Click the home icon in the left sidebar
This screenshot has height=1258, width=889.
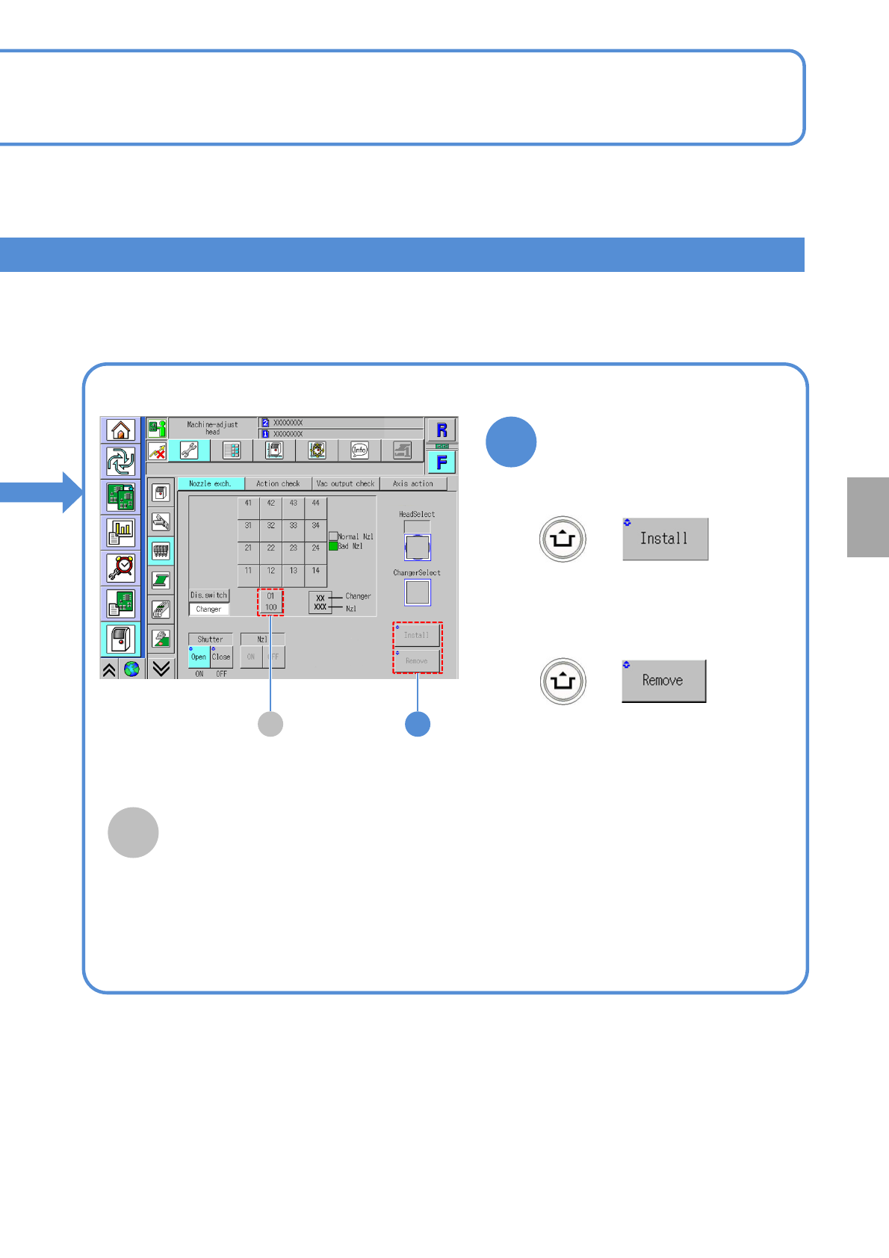point(121,430)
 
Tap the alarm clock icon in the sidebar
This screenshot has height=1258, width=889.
point(121,568)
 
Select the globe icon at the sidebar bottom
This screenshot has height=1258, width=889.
point(131,669)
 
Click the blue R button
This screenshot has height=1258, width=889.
point(442,430)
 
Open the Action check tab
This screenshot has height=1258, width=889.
point(278,484)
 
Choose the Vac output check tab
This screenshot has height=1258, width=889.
point(345,484)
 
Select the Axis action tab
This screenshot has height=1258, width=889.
point(413,484)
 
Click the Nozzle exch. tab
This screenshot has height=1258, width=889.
point(210,484)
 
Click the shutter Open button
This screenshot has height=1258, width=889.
point(199,657)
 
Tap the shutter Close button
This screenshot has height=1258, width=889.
point(221,657)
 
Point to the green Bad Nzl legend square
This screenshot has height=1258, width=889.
point(333,546)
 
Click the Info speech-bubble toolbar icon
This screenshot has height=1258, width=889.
point(360,450)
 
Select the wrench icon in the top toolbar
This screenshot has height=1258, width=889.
point(189,450)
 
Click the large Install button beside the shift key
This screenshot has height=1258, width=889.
point(665,539)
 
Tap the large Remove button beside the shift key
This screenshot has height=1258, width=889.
point(663,681)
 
